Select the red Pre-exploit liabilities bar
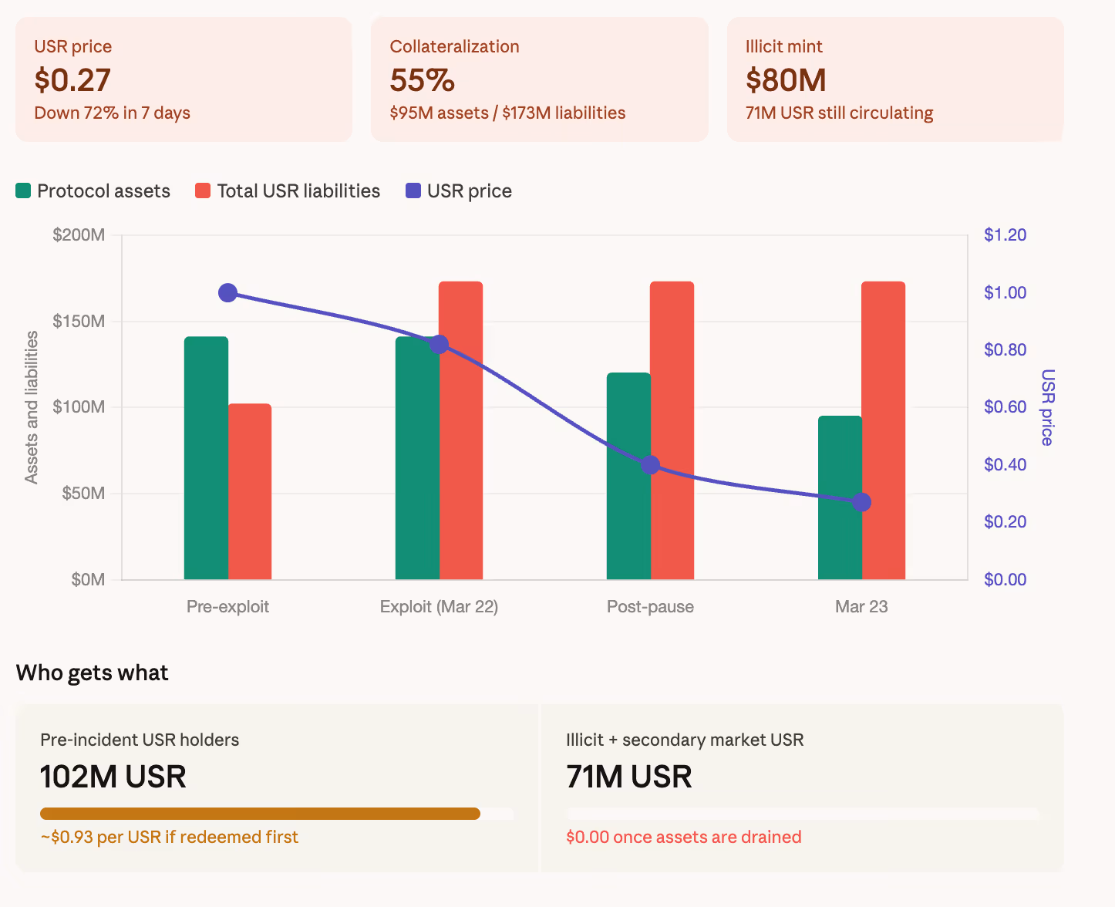250,491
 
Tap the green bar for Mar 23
840,497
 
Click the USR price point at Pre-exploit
227,293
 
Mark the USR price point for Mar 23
862,502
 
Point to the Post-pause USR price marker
651,465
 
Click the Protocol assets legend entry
93,191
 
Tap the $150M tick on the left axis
79,321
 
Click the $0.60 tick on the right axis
1005,406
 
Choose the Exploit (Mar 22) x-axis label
439,606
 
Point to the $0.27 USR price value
72,80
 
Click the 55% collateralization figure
422,80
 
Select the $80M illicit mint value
786,80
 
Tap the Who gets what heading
92,673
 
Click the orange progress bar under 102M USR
260,814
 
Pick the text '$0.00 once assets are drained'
683,837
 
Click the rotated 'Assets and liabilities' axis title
32,407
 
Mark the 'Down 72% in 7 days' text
112,113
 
